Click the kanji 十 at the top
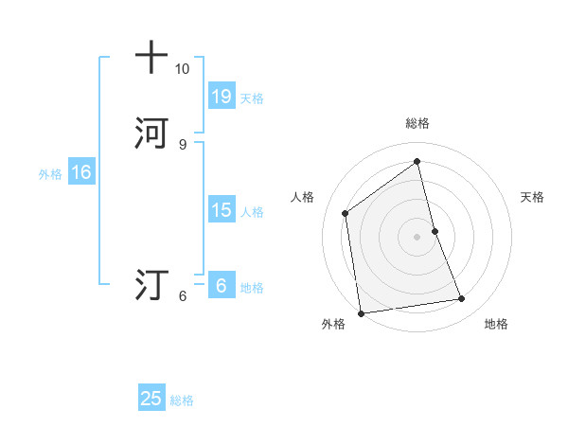click(x=151, y=57)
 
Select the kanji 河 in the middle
click(x=151, y=133)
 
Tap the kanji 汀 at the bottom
click(x=151, y=284)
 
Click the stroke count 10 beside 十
click(x=182, y=69)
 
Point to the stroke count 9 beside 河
click(x=182, y=144)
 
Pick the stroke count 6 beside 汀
click(x=182, y=296)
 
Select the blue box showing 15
click(x=221, y=209)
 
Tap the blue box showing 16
click(x=80, y=172)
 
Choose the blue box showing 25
click(x=151, y=399)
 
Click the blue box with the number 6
click(x=221, y=285)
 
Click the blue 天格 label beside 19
click(x=252, y=98)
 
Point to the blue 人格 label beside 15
click(x=252, y=212)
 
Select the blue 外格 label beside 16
click(x=50, y=174)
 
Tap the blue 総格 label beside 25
click(x=182, y=400)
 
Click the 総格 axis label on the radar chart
click(x=417, y=123)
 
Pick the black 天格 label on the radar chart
click(x=532, y=197)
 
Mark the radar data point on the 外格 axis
click(x=361, y=312)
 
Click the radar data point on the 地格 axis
click(x=462, y=299)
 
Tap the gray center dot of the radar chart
click(x=417, y=236)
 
